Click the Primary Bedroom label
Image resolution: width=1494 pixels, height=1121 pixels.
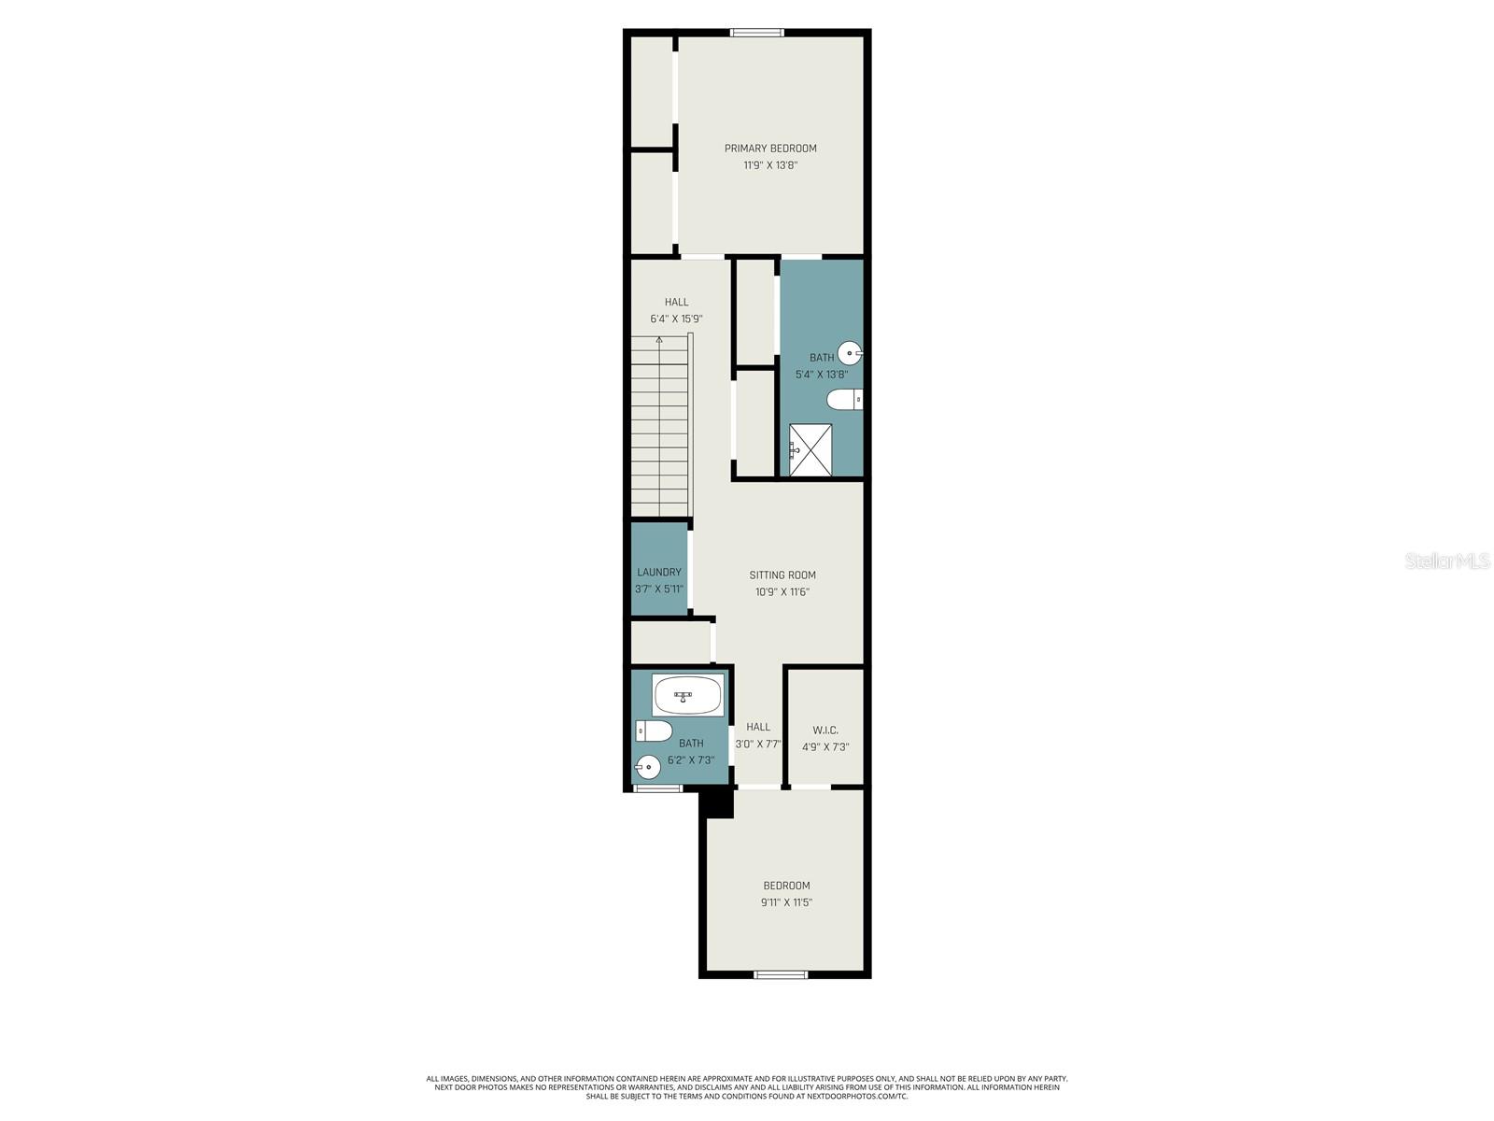click(770, 148)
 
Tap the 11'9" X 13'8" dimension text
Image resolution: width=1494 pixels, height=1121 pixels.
click(770, 165)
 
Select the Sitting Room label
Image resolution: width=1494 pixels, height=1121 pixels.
click(782, 575)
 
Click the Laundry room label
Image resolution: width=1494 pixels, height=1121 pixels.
click(659, 572)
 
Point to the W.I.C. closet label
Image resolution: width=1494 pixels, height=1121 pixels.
click(825, 731)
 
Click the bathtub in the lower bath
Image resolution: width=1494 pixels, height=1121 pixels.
click(687, 695)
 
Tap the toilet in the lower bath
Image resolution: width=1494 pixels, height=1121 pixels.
click(654, 730)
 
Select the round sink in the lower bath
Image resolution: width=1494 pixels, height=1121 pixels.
click(648, 767)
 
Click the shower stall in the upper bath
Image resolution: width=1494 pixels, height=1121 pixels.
click(810, 450)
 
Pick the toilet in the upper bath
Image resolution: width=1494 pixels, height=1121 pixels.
click(845, 400)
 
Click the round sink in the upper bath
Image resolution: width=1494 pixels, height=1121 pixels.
click(849, 353)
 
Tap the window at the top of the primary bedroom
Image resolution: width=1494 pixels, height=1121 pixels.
click(756, 33)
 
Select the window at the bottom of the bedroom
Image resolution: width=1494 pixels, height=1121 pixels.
click(781, 975)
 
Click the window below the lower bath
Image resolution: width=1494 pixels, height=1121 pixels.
click(658, 789)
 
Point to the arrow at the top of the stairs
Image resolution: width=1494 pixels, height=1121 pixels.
click(659, 341)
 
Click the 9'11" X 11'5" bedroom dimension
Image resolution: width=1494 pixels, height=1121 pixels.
click(786, 902)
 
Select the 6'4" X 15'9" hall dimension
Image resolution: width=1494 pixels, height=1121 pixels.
click(677, 319)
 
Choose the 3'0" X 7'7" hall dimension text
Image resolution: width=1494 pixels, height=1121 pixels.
click(758, 745)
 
